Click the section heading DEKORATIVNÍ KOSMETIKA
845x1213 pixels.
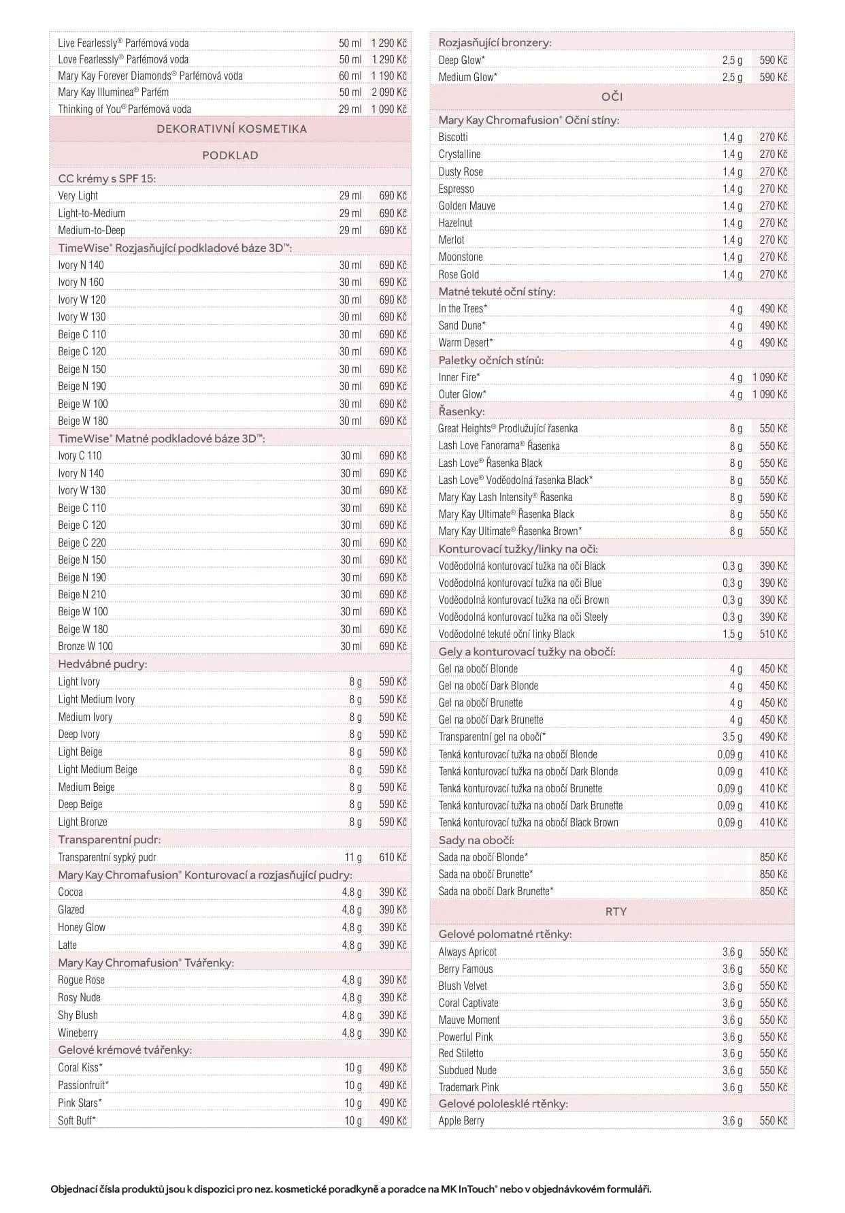coord(231,129)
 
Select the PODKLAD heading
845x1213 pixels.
coord(230,155)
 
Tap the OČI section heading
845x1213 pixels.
coord(612,97)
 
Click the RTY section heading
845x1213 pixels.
coord(616,911)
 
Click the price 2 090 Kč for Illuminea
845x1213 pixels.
coord(388,92)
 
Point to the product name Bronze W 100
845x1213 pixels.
coord(85,646)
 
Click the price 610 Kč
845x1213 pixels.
coord(393,857)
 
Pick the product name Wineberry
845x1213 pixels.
coord(78,1033)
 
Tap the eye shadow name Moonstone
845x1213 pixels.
coord(461,257)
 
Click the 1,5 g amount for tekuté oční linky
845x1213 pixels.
coord(732,634)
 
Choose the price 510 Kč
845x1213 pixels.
coord(773,634)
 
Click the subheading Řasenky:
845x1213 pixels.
coord(461,411)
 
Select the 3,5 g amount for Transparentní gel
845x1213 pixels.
coord(732,737)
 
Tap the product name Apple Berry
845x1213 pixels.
coord(461,1120)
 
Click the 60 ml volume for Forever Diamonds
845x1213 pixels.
coord(350,76)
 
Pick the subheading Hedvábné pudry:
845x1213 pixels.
coord(102,664)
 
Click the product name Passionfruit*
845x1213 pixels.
coord(83,1085)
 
